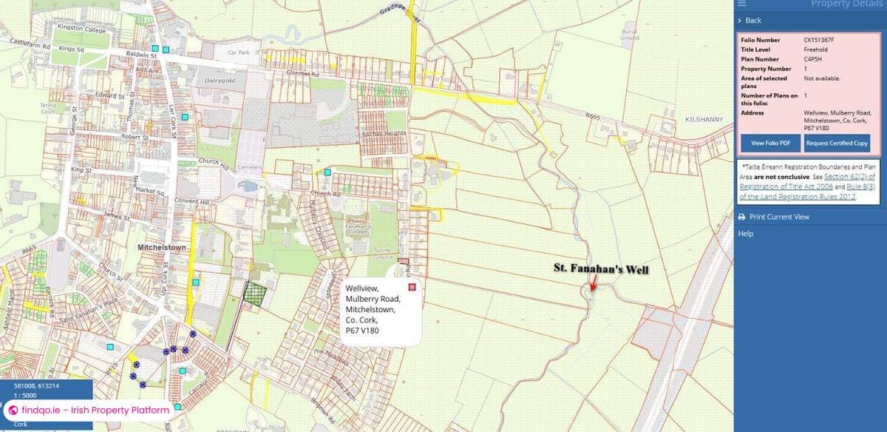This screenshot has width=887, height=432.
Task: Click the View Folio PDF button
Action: click(x=771, y=143)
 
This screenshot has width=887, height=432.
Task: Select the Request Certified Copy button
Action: click(x=837, y=143)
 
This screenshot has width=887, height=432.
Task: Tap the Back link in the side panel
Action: click(x=752, y=20)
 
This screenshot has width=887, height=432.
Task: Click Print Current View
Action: click(x=779, y=217)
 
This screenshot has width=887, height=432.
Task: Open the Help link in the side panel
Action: click(x=746, y=234)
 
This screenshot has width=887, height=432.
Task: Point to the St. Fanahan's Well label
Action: click(x=601, y=270)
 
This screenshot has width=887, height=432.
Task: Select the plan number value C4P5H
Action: click(x=815, y=59)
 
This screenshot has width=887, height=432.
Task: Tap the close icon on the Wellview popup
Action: click(x=412, y=287)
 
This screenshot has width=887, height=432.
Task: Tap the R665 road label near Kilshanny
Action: click(x=593, y=116)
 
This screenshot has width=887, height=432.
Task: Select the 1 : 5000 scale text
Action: click(x=27, y=396)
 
